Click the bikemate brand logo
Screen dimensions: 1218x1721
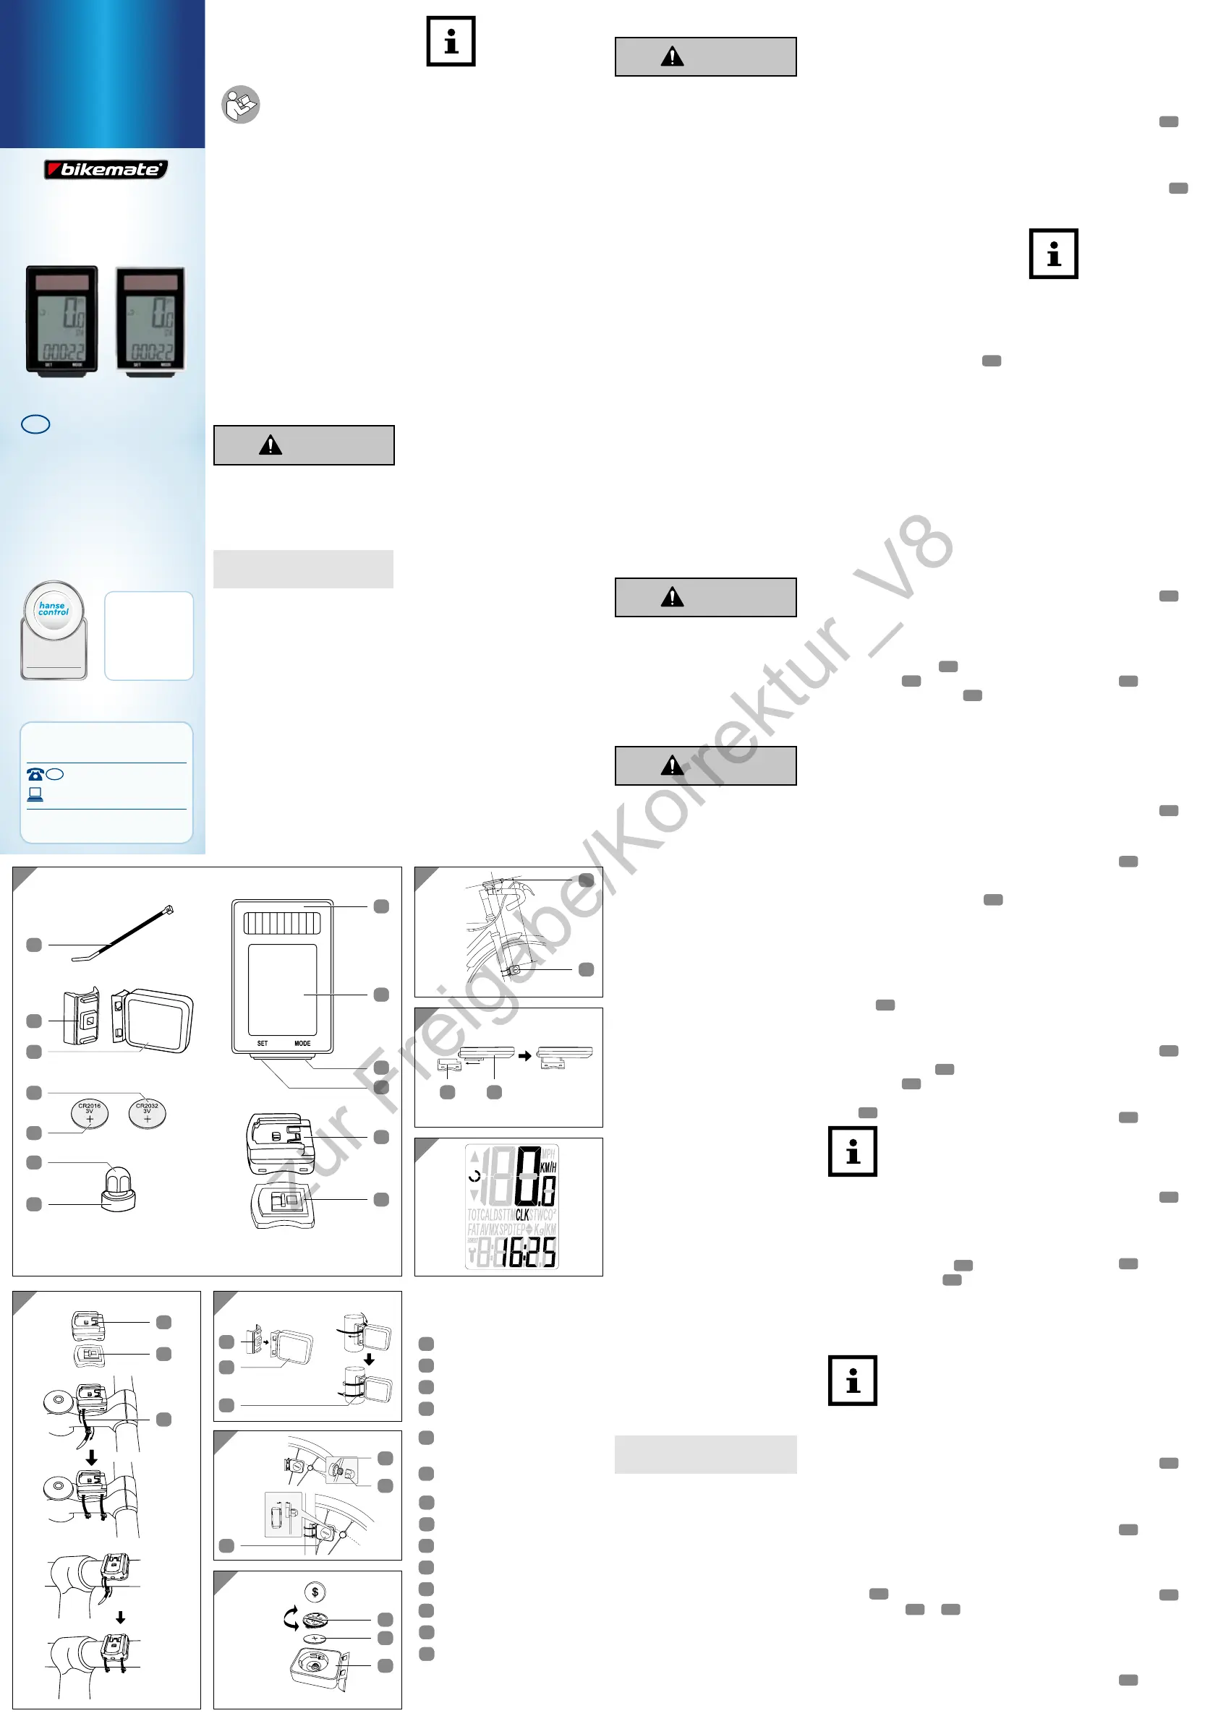(106, 169)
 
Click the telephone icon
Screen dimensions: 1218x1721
(35, 774)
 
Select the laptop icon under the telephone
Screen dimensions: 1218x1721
(35, 794)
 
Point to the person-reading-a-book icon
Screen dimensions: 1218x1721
(241, 104)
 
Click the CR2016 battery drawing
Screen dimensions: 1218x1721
(89, 1113)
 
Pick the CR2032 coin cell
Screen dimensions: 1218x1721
(147, 1113)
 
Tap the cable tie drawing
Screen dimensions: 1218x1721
(124, 933)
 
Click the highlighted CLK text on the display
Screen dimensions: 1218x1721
(522, 1215)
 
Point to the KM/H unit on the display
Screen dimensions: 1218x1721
(548, 1168)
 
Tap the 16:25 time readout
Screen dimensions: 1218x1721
(529, 1252)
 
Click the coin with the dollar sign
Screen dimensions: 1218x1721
(315, 1592)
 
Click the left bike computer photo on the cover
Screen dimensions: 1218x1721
(62, 319)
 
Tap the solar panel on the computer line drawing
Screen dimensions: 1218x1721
(283, 922)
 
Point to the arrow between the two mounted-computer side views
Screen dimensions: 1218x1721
(525, 1055)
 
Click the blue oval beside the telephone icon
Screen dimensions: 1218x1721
(55, 774)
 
